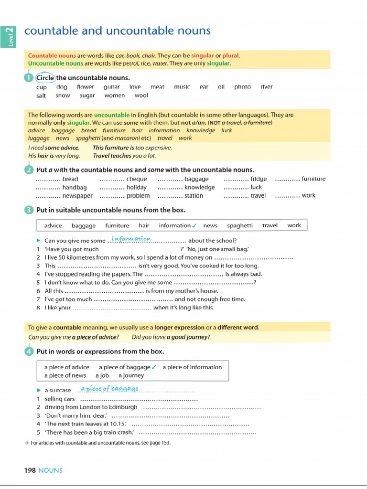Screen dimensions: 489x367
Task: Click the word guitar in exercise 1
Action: [111, 87]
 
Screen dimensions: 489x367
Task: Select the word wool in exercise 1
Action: [141, 96]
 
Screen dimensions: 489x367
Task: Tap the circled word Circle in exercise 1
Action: [45, 78]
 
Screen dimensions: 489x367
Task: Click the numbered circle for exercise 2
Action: [28, 170]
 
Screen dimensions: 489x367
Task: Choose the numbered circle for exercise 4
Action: [28, 351]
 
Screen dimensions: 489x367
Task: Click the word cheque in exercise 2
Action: [137, 179]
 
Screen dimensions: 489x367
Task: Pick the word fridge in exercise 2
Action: [259, 179]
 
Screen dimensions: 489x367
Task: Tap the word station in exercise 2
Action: [194, 196]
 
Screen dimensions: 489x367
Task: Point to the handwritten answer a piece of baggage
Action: [109, 389]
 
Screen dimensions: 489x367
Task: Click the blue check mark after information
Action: [194, 225]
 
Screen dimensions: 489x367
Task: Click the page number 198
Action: [30, 470]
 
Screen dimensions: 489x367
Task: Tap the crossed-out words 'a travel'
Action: [232, 123]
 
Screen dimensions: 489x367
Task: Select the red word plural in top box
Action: [231, 55]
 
